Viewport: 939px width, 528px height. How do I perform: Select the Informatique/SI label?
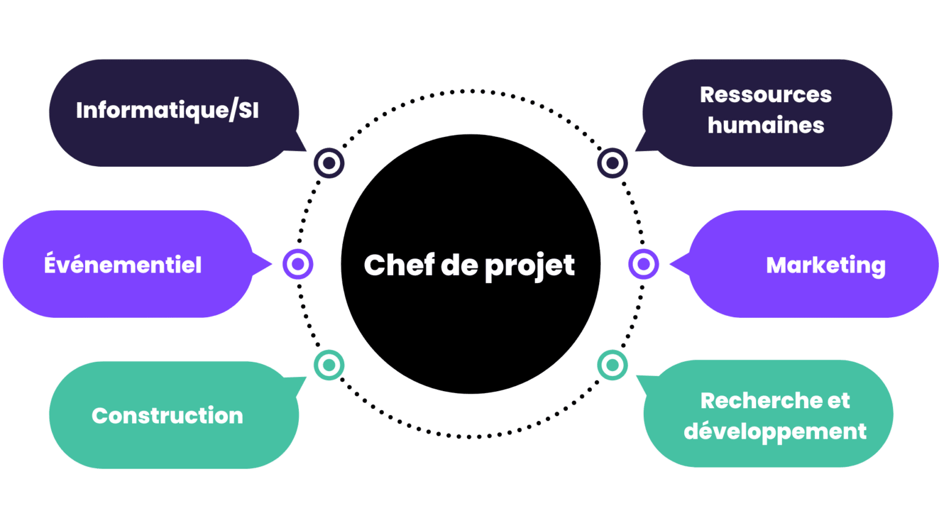tap(168, 111)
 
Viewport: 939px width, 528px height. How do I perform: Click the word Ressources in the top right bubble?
tap(765, 95)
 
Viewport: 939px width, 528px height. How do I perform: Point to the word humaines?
tap(765, 125)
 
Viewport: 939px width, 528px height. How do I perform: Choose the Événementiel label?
tap(123, 265)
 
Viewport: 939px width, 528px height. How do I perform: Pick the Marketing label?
tap(825, 265)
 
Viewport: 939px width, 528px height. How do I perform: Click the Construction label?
tap(168, 416)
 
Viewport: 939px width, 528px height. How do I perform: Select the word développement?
tap(775, 431)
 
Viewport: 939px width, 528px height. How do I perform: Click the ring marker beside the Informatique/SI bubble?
tap(329, 163)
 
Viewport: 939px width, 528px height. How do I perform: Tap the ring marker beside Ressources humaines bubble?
tap(613, 163)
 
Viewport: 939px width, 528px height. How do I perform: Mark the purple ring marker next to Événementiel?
tap(298, 264)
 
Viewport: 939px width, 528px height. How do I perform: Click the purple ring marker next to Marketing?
tap(643, 264)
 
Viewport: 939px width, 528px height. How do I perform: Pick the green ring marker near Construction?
tap(329, 365)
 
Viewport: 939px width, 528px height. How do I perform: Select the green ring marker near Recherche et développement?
tap(613, 365)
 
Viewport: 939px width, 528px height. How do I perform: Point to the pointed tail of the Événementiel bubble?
tap(264, 264)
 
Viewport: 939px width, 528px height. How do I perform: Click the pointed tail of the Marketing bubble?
tap(677, 265)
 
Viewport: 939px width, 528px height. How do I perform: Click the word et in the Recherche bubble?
tap(839, 401)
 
